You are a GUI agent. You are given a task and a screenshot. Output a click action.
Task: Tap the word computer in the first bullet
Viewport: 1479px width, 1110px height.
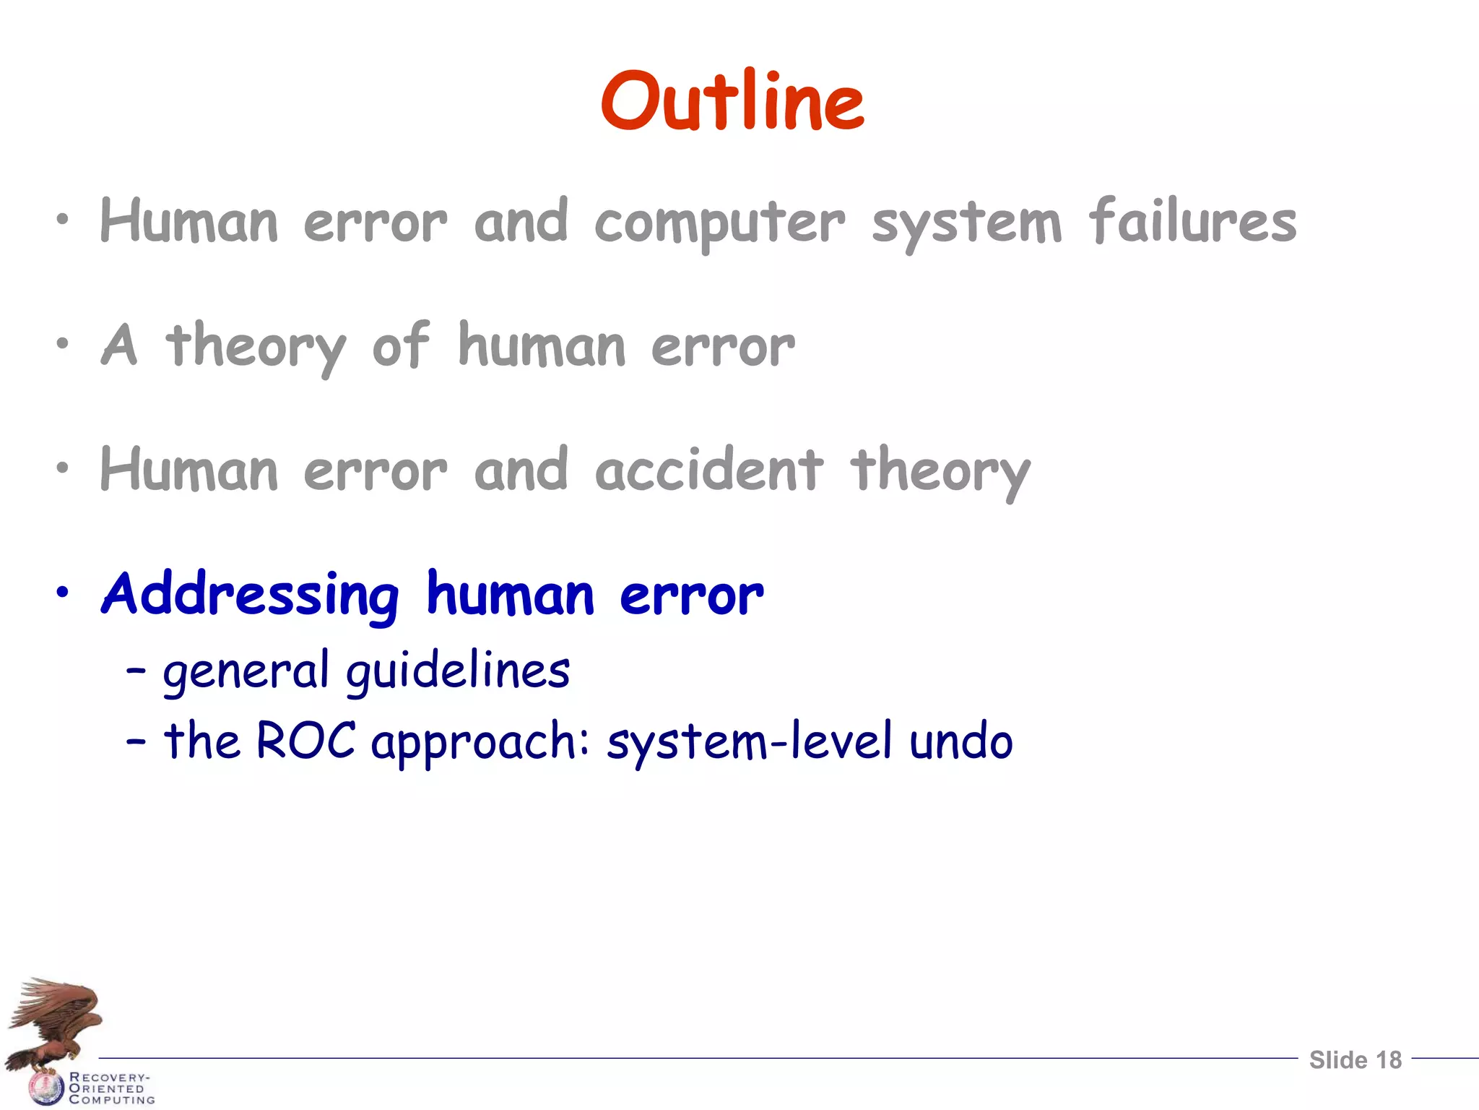(x=719, y=223)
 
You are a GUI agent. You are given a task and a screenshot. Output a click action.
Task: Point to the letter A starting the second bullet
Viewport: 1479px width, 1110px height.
(x=119, y=345)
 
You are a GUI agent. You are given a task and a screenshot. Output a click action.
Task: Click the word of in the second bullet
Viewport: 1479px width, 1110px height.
(x=401, y=345)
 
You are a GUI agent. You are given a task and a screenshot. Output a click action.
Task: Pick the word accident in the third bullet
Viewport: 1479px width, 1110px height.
(x=708, y=470)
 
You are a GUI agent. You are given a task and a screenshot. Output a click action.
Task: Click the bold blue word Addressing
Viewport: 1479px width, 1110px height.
(x=250, y=595)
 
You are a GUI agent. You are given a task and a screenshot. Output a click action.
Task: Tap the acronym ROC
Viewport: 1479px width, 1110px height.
(x=305, y=741)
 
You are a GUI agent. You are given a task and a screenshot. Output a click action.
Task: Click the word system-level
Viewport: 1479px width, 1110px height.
(x=750, y=741)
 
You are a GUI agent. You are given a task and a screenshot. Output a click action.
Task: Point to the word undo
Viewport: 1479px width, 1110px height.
(x=960, y=741)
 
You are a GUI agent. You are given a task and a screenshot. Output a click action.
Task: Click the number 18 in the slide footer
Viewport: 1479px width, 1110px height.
(x=1389, y=1060)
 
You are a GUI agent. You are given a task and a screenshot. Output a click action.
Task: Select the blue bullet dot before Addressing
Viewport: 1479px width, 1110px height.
(x=64, y=593)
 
